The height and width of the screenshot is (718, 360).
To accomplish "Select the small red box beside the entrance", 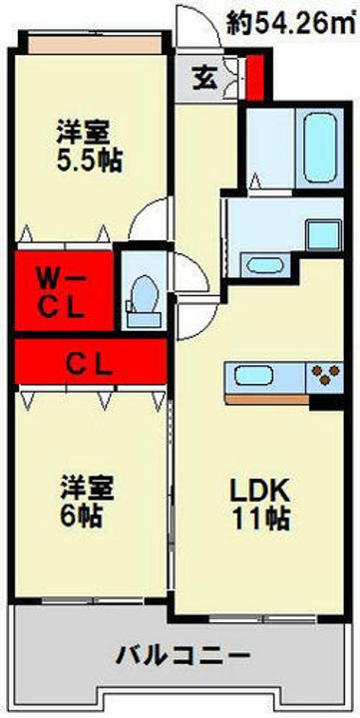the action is click(255, 78).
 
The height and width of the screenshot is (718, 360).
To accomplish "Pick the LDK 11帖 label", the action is click(261, 504).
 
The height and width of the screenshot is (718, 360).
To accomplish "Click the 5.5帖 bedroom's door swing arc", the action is click(150, 221).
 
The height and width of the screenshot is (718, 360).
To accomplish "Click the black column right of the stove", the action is click(327, 403).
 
